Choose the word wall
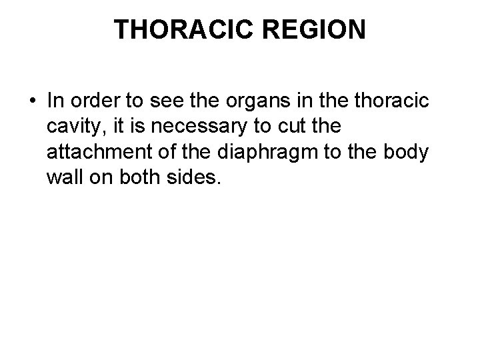click(65, 178)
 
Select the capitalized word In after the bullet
click(55, 101)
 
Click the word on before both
click(103, 178)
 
